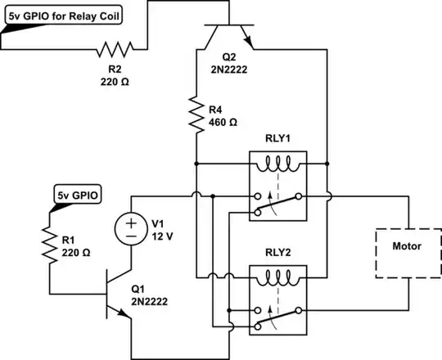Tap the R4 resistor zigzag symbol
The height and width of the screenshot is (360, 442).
coord(196,115)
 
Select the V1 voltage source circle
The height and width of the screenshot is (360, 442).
coord(131,227)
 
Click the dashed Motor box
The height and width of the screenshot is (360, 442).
coord(407,245)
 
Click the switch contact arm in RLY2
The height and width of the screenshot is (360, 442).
coord(278,311)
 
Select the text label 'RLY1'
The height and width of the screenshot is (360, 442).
coord(278,138)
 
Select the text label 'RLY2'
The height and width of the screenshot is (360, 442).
coord(278,252)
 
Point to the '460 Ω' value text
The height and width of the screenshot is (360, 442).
coord(223,122)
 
